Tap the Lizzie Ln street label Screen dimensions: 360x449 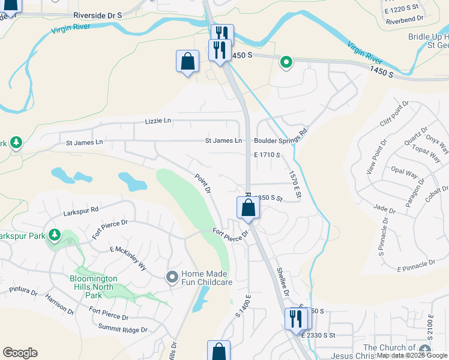pos(158,121)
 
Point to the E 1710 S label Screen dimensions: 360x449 pos(267,155)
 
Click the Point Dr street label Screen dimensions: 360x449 pos(203,184)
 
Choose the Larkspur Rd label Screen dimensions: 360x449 pos(80,212)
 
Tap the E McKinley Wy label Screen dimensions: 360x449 pos(128,258)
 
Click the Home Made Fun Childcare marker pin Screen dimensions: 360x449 pos(172,277)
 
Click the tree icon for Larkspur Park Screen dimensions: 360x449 pos(55,234)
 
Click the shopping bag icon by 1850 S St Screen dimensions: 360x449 pos(248,208)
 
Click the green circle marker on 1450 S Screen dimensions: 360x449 pos(286,61)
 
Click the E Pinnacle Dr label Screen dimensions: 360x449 pos(416,263)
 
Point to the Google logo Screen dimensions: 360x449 pos(20,353)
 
